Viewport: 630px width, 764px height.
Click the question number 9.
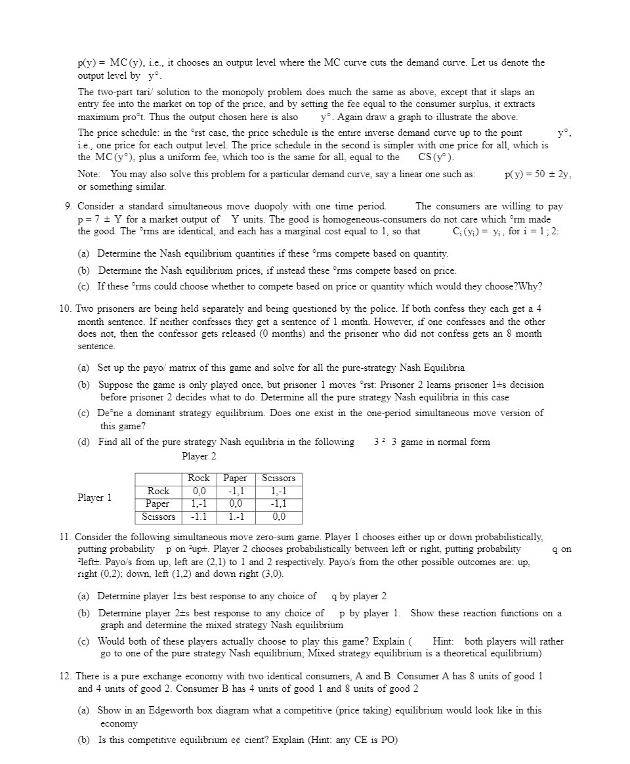pos(68,206)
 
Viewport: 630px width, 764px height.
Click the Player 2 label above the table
pos(199,456)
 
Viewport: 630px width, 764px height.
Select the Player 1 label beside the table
pos(94,498)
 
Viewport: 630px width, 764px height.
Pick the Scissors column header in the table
pos(279,478)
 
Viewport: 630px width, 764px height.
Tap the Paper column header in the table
pos(235,478)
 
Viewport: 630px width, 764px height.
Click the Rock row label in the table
pos(158,491)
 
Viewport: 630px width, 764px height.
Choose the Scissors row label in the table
pos(158,517)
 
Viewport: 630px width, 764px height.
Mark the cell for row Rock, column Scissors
pos(279,491)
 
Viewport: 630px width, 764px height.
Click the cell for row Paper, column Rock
pos(199,504)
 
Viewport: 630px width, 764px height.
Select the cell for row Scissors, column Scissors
pos(279,517)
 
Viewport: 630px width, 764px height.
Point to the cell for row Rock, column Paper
pos(235,491)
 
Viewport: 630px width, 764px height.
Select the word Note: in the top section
pos(89,175)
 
